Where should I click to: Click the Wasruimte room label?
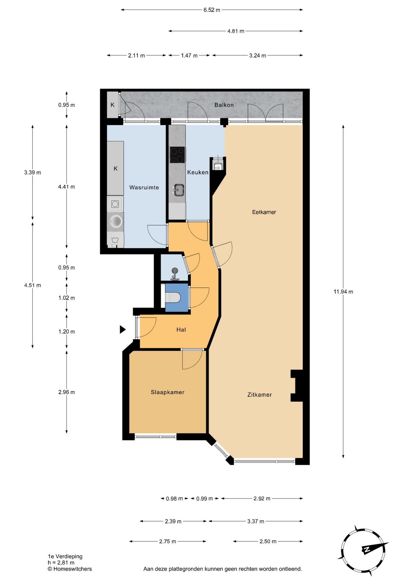click(x=144, y=187)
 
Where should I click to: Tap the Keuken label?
click(x=198, y=172)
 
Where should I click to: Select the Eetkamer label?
click(x=264, y=212)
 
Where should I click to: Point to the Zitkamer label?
click(x=259, y=395)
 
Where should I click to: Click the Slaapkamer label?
click(x=168, y=392)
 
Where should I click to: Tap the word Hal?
click(x=181, y=329)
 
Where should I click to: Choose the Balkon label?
click(x=224, y=105)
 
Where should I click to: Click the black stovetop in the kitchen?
click(x=178, y=155)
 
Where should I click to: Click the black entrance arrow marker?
click(x=123, y=329)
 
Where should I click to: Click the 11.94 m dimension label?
click(x=343, y=292)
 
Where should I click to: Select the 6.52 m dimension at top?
click(x=212, y=10)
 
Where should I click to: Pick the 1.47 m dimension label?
click(x=189, y=55)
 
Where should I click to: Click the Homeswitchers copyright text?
click(x=70, y=569)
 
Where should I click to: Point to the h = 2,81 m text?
click(x=61, y=563)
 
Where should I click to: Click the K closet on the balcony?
click(x=113, y=105)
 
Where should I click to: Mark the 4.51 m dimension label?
click(x=33, y=285)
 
